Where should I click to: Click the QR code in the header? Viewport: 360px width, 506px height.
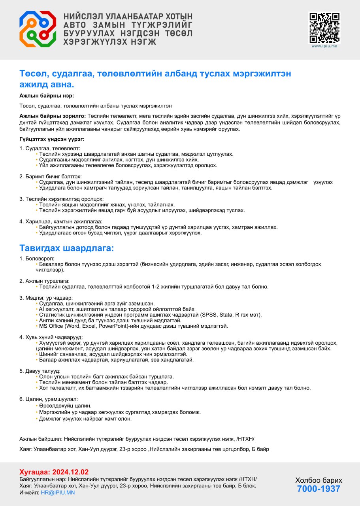(324, 27)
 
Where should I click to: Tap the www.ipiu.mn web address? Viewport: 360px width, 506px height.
(324, 46)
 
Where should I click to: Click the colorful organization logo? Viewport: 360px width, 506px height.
(38, 29)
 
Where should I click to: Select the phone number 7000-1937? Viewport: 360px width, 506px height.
(319, 489)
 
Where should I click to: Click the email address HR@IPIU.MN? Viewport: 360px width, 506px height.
(58, 493)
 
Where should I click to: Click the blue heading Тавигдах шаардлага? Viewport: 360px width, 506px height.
(66, 248)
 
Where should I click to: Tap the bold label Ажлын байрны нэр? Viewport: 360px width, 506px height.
(47, 96)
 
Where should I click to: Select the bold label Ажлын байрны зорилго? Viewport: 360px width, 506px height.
(53, 116)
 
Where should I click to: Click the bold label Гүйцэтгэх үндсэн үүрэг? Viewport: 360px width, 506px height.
(52, 139)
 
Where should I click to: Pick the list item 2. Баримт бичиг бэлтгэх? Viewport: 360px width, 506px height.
(50, 176)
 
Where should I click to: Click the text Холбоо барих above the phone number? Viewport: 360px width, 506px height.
(319, 480)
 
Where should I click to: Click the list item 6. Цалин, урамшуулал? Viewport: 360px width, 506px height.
(49, 399)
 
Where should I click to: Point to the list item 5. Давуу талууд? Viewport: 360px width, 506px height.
(40, 371)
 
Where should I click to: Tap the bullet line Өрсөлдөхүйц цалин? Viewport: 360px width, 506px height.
(65, 406)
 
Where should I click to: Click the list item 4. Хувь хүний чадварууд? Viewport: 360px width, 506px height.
(51, 337)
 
